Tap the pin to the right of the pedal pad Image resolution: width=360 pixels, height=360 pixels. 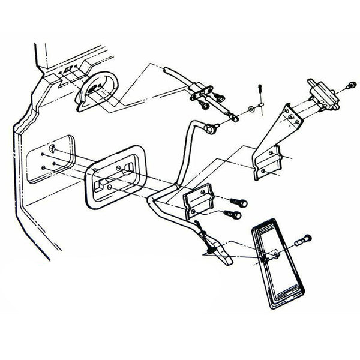(302, 241)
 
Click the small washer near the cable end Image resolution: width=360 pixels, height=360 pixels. (249, 110)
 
